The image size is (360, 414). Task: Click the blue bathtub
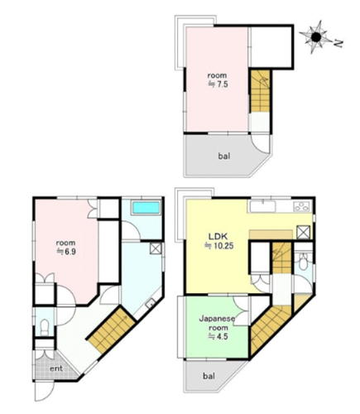pos(146,207)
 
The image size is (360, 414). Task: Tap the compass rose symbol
pos(316,37)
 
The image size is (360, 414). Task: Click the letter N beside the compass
pos(338,43)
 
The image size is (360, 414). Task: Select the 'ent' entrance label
pos(56,368)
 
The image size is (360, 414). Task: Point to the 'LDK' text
pos(218,236)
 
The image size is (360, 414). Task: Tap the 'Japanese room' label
pos(218,323)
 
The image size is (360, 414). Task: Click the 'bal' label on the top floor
pos(224,156)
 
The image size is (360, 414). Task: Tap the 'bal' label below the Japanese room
pos(209,376)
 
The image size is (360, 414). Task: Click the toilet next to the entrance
pos(45,327)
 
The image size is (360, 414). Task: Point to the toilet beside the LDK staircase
pos(304,262)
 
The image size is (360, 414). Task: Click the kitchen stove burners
pos(302,206)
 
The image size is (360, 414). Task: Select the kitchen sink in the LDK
pos(262,206)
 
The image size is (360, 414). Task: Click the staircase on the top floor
pos(260,91)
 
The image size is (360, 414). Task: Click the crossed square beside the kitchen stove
pos(303,232)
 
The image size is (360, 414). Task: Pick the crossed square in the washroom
pos(156,248)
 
